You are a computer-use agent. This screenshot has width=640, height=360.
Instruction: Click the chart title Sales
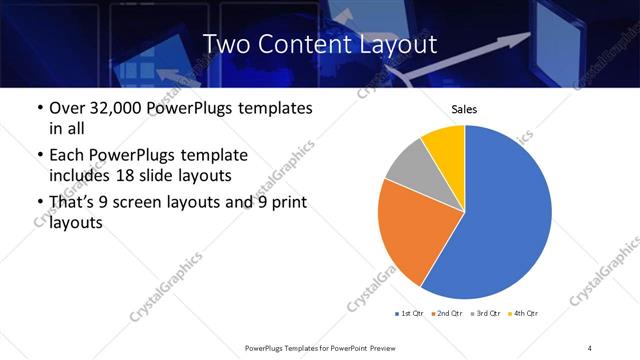point(464,109)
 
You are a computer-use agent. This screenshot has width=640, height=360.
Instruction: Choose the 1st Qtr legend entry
point(411,314)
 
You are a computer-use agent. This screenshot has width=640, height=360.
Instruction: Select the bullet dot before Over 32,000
point(39,109)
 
